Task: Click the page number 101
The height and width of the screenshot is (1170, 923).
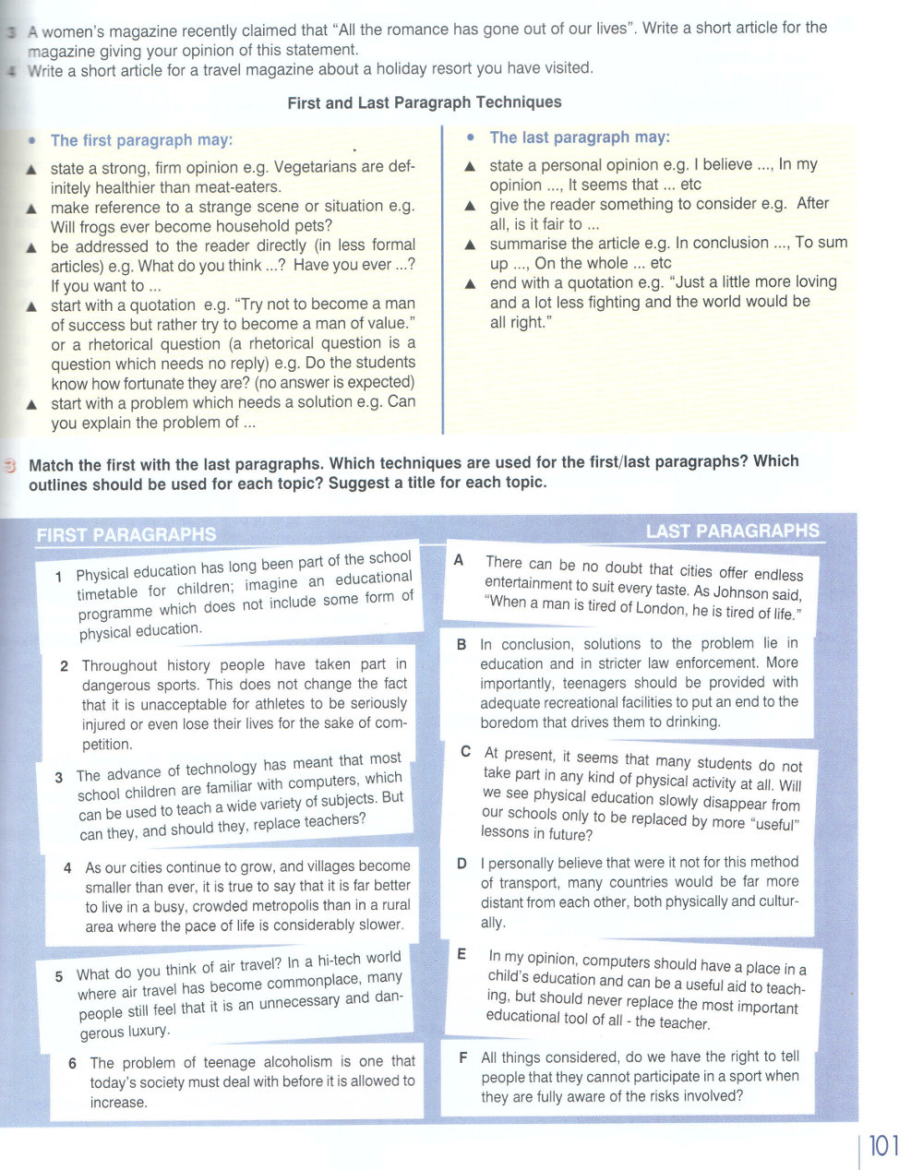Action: click(883, 1146)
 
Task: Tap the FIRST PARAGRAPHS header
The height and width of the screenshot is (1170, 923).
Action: click(126, 534)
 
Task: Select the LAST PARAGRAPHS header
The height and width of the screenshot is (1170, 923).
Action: click(733, 531)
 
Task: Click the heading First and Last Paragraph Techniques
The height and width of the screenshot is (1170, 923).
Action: click(425, 102)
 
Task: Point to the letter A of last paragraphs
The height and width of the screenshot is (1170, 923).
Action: click(459, 560)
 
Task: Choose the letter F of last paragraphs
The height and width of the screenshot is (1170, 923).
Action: click(462, 1057)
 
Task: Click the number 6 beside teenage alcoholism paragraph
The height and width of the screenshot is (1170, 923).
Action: click(72, 1063)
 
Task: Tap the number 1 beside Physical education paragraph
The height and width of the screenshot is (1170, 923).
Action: click(58, 577)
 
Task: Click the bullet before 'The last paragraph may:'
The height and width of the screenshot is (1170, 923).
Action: click(471, 137)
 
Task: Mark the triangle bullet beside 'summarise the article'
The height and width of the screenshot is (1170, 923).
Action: click(470, 245)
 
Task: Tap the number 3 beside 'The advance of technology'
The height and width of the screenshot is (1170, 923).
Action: click(58, 778)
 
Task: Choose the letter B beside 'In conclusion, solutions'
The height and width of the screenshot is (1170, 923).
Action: click(461, 644)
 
